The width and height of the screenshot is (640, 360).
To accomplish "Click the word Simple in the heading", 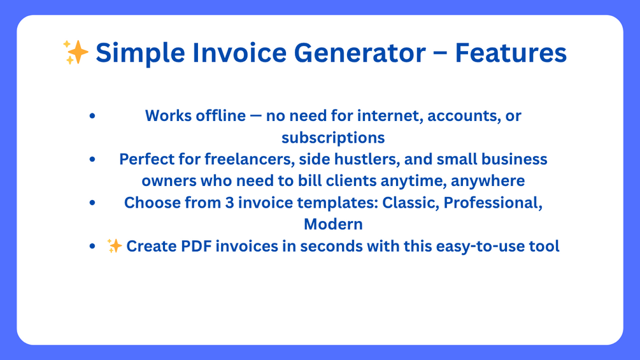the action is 140,54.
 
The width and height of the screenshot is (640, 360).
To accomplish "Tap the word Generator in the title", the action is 360,53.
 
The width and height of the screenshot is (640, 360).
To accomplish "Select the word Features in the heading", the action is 511,53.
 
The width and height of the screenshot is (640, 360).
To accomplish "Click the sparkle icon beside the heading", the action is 76,52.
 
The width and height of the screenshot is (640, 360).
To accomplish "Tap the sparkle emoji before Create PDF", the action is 114,246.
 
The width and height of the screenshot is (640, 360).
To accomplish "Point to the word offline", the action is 220,116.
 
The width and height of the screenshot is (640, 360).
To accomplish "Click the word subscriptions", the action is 333,138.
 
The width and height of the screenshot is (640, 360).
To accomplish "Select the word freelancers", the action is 250,159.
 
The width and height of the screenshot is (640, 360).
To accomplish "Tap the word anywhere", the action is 488,181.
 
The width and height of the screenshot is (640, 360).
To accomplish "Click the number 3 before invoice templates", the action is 230,203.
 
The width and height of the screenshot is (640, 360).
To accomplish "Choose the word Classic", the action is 411,203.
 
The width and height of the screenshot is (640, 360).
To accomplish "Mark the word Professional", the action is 493,203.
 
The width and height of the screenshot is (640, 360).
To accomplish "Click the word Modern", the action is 333,224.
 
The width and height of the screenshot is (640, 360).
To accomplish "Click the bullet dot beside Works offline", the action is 92,116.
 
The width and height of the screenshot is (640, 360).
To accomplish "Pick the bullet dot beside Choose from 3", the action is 92,203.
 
